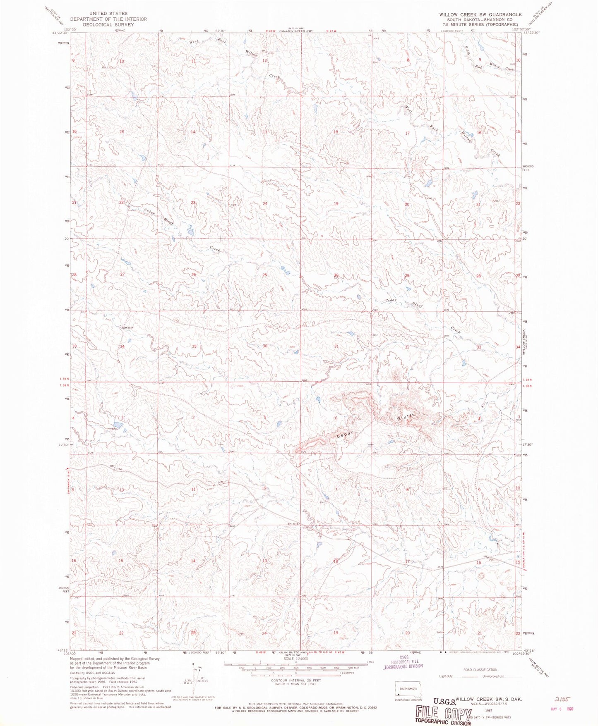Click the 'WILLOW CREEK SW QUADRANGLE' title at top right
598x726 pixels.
(x=480, y=14)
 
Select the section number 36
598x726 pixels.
(x=264, y=346)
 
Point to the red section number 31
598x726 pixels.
(x=336, y=346)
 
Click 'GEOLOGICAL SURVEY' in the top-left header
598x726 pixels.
(x=108, y=24)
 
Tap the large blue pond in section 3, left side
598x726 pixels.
(x=117, y=425)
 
